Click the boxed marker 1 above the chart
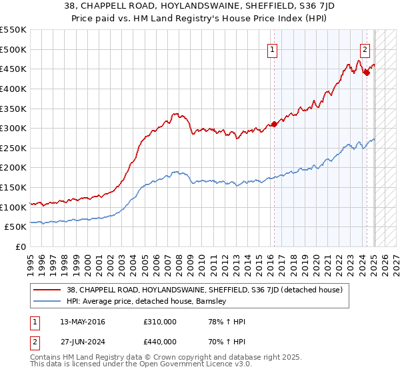coord(273,49)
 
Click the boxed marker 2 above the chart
coord(365,49)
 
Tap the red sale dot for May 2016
coord(274,124)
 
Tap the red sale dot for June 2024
coord(367,73)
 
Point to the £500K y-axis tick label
coord(13,49)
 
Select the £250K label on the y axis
coord(13,148)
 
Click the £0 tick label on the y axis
coord(21,246)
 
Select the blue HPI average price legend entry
coord(147,301)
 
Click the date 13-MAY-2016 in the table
coord(82,322)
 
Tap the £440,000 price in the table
coord(159,343)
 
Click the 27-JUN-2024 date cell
coord(82,343)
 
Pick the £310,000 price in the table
coord(159,322)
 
